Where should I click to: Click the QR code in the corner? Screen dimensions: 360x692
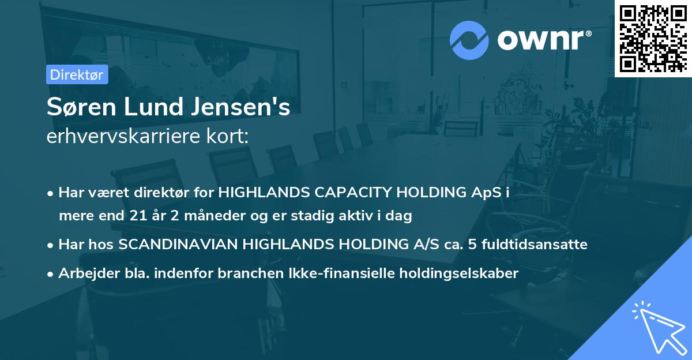[x=653, y=38]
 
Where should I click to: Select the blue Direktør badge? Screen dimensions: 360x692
[x=77, y=74]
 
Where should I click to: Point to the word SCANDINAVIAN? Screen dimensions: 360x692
[x=178, y=245]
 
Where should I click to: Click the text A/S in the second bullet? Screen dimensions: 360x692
[x=418, y=245]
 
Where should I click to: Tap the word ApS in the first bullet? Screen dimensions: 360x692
[x=487, y=193]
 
